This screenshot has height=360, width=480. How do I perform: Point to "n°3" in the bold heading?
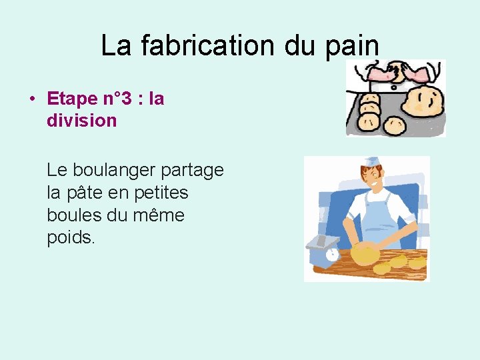click(117, 99)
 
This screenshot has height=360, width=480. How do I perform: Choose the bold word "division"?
click(81, 121)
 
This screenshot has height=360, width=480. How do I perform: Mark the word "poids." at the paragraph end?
click(71, 238)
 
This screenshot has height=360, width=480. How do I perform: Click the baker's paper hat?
click(372, 161)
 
